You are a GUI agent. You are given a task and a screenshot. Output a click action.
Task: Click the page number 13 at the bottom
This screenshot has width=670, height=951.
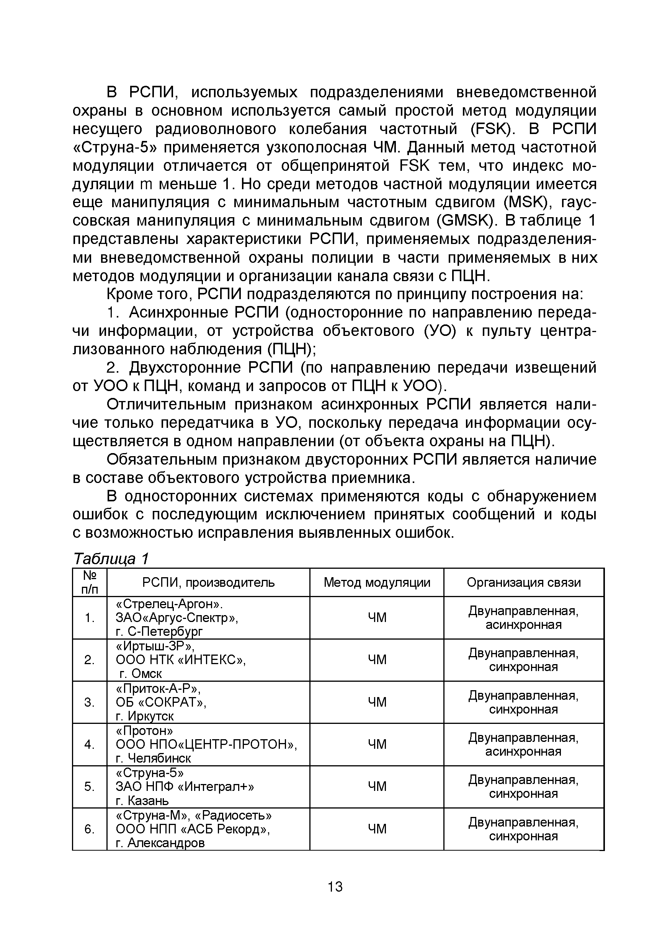pos(335,887)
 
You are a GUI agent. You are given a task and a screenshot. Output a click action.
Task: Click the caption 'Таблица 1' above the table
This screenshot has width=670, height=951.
pos(110,559)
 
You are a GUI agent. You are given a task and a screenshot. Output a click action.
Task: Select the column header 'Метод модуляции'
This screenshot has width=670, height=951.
pos(376,583)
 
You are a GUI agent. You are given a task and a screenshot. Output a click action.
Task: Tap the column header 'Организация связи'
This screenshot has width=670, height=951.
pos(523,583)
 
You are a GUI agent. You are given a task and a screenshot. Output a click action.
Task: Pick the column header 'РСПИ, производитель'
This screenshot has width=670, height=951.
pos(208,583)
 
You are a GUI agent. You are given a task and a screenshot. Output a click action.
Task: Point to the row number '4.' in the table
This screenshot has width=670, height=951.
pos(90,744)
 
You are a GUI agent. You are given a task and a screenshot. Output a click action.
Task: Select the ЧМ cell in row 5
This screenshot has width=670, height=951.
pos(376,786)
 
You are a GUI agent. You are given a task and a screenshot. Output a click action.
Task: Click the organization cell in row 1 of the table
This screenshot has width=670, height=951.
pos(523,617)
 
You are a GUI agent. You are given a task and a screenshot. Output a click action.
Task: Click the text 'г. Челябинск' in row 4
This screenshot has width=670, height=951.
pos(153,758)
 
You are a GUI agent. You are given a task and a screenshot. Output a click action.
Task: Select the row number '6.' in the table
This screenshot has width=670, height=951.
pos(90,829)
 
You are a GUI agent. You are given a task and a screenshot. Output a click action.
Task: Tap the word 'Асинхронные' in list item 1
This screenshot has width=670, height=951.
pos(179,313)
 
